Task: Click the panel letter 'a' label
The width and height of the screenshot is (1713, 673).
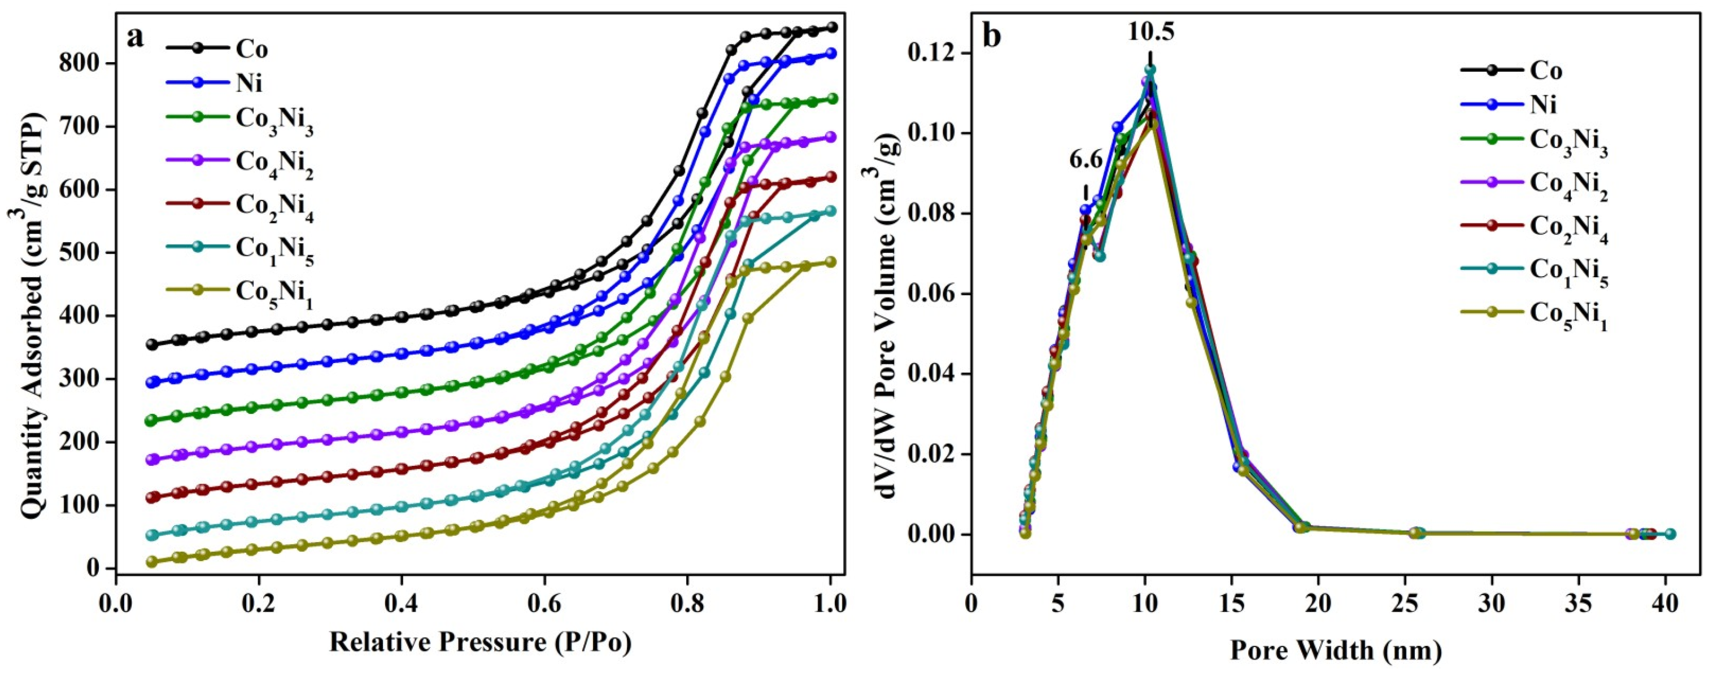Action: (x=136, y=37)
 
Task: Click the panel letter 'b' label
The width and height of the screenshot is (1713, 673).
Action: (x=992, y=37)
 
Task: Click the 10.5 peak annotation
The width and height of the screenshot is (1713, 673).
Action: (x=1150, y=31)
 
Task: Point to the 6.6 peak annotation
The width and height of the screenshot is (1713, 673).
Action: (x=1086, y=160)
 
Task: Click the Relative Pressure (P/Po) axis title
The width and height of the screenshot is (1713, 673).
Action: (x=480, y=643)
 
